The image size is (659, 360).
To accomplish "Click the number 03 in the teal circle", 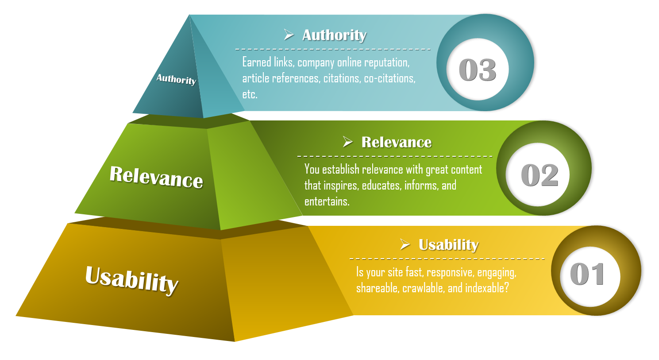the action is (x=478, y=70).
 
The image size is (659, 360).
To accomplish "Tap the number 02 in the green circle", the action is (x=540, y=175).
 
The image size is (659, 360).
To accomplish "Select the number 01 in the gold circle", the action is (x=587, y=274).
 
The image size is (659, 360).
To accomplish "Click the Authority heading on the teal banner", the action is (x=334, y=35).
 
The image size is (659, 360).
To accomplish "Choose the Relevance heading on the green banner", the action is (x=397, y=142).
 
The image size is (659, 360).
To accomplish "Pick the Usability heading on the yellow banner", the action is (x=449, y=245).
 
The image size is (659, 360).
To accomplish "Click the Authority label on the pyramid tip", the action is (x=176, y=79).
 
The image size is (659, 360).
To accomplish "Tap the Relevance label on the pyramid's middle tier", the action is (x=156, y=177).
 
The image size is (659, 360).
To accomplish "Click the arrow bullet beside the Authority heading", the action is (x=289, y=35).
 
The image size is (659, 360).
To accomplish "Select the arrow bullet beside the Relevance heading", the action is (x=347, y=142).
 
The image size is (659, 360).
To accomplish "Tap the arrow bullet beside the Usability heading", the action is (x=405, y=244).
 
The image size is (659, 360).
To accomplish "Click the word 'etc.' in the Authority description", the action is (x=250, y=94).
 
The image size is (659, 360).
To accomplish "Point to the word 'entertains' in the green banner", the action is (x=326, y=201).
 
